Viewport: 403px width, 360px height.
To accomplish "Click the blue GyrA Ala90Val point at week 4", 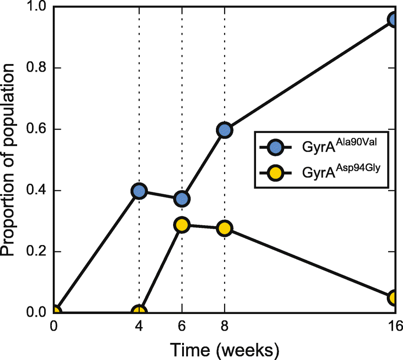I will (x=139, y=191).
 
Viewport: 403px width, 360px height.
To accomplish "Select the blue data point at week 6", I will (x=182, y=198).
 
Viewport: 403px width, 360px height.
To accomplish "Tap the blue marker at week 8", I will (x=224, y=130).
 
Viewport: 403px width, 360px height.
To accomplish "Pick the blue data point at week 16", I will (x=394, y=20).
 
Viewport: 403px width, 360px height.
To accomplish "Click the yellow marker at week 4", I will (x=139, y=312).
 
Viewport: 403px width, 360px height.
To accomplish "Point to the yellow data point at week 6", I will (x=182, y=224).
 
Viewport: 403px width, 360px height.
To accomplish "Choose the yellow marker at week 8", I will (x=224, y=228).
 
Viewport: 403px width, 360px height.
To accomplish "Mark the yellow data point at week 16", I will (x=394, y=298).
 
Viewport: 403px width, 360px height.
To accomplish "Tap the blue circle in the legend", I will (x=275, y=147).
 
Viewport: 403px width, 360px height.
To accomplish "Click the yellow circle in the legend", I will (x=275, y=173).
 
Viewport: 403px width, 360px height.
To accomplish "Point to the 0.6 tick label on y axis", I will (x=37, y=129).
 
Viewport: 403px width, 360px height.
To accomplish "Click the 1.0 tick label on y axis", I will (x=37, y=7).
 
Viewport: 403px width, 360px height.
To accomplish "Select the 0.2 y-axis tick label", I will (x=37, y=251).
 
